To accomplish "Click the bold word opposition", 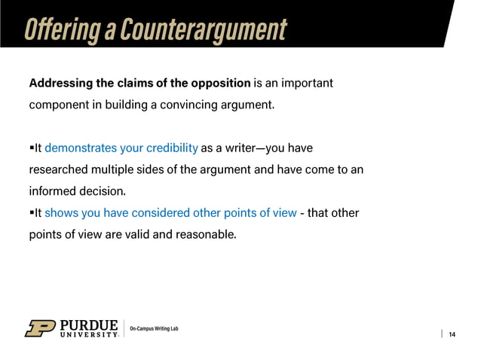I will coord(219,82).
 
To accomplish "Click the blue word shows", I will coord(60,213).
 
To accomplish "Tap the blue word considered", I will coord(158,213).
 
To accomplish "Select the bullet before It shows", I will coord(32,213).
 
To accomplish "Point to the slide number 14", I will coord(452,334).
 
